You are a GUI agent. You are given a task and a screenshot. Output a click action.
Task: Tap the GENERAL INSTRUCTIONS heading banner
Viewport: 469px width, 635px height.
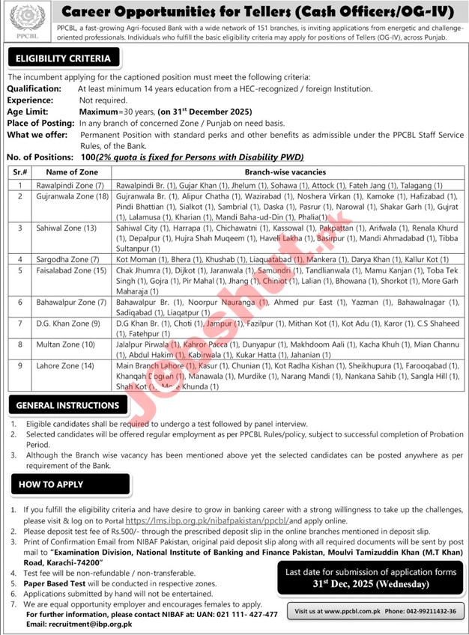(68, 405)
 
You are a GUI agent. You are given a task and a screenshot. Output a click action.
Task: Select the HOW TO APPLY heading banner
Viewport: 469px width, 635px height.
(51, 484)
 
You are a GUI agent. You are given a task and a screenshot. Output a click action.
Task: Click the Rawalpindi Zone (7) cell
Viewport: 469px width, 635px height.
(66, 184)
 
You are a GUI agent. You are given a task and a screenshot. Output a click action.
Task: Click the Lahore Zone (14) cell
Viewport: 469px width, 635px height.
(62, 365)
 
